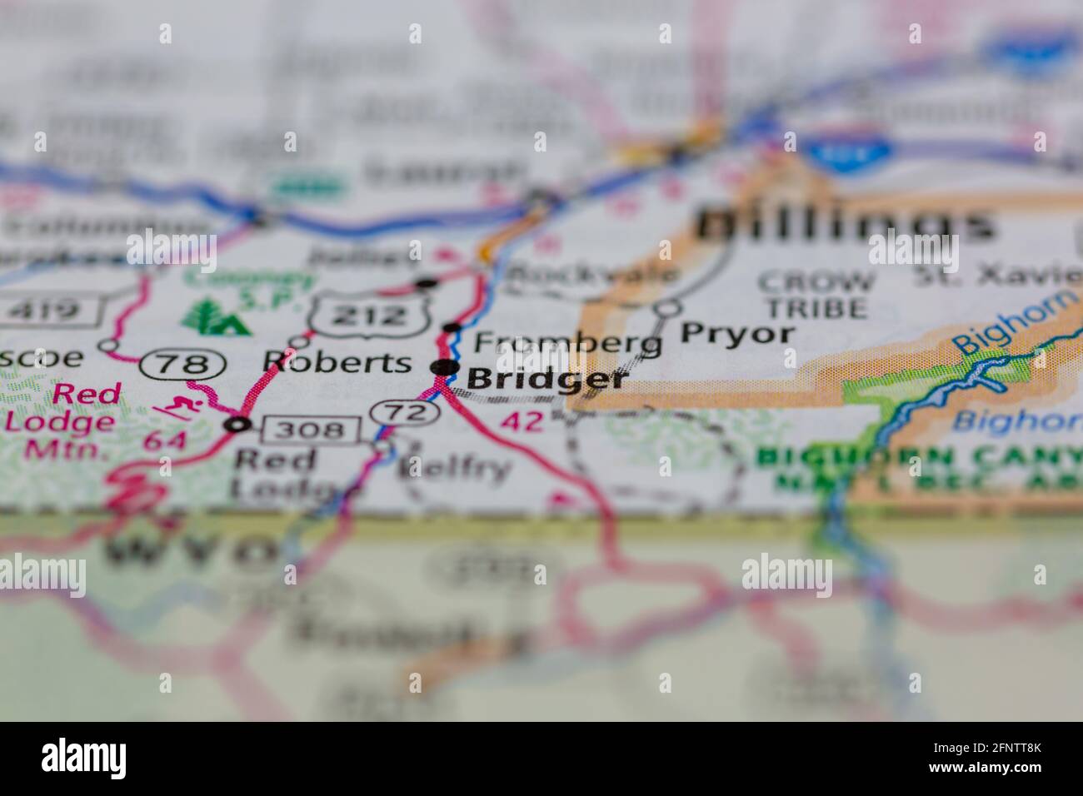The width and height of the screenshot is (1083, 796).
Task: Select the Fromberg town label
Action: [568, 342]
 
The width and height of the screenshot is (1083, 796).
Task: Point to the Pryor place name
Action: [737, 334]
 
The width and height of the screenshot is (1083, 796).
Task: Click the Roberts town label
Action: [337, 361]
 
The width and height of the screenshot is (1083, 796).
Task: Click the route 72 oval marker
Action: [405, 411]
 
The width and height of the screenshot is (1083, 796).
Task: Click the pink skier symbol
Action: [177, 409]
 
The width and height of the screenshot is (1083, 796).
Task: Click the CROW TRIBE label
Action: [816, 296]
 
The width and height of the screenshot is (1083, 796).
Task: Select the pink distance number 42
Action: [523, 420]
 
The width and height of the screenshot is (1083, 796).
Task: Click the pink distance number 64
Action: [164, 440]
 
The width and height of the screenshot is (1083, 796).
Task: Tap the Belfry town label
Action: [454, 469]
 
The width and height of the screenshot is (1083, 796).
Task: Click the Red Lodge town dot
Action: [239, 425]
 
